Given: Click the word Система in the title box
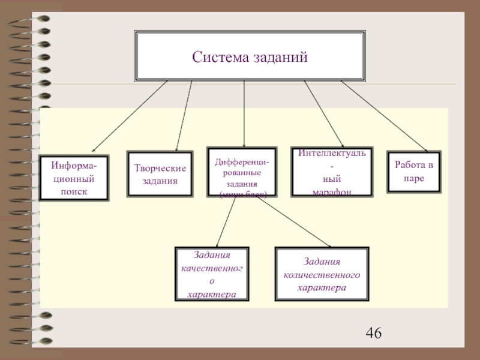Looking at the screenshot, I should click(219, 58).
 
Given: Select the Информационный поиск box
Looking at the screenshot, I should click(74, 178).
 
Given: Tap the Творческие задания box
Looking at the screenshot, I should click(160, 173).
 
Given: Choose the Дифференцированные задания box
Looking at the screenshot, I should click(242, 172).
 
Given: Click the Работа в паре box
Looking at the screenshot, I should click(414, 171).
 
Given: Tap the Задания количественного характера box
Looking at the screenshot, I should click(322, 274).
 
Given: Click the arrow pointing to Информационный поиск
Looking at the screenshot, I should click(128, 116).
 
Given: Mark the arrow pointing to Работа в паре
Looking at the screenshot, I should click(384, 116).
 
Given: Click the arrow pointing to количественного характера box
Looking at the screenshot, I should click(294, 221).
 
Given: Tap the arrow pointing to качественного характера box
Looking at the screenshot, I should click(226, 221).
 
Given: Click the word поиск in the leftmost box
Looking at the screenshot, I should click(74, 191).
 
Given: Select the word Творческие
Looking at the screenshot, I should click(160, 168).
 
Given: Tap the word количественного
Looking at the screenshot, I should click(322, 275).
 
